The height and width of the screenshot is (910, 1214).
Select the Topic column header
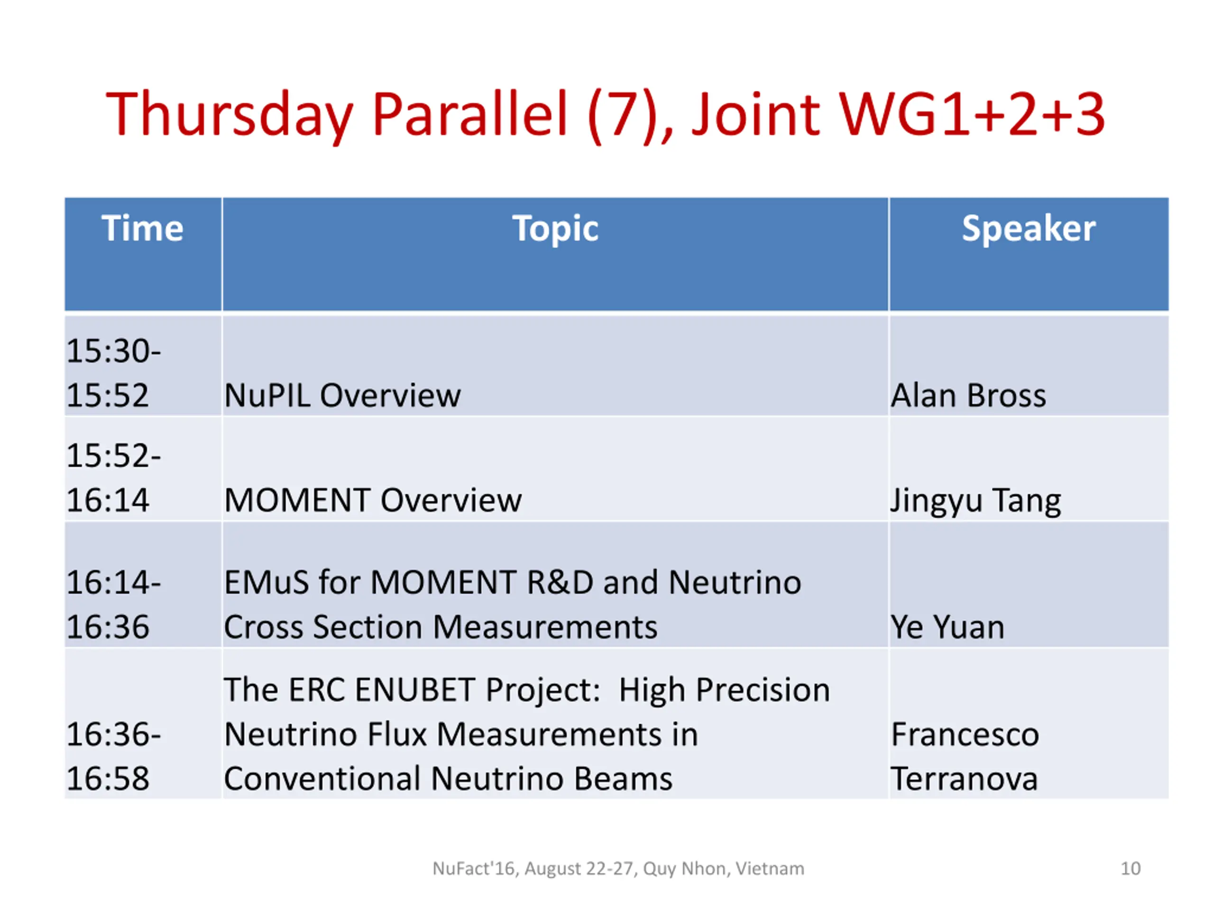pos(555,229)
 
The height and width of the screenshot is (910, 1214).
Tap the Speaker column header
pos(1029,229)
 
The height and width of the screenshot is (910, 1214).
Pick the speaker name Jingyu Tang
pos(976,501)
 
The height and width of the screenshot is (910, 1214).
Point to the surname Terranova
pos(964,778)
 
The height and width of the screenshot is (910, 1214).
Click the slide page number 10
pos(1131,868)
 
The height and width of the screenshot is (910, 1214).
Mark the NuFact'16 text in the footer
pos(474,869)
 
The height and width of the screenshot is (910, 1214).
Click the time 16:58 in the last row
pos(108,778)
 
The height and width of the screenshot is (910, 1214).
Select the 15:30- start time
pos(114,351)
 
